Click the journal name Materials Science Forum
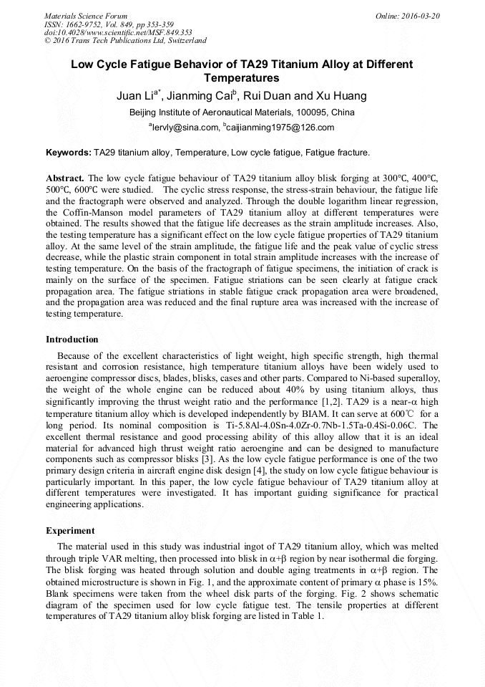(x=86, y=16)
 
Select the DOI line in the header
(x=118, y=32)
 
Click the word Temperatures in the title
(x=241, y=78)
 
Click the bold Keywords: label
(x=69, y=153)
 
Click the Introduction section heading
(x=72, y=340)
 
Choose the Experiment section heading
(x=70, y=531)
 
